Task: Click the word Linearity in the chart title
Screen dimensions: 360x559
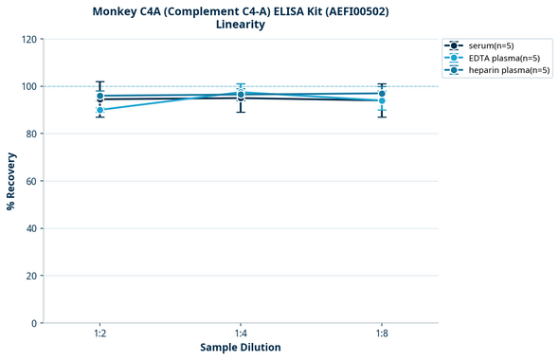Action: pyautogui.click(x=241, y=25)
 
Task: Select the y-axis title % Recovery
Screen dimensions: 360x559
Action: pyautogui.click(x=11, y=181)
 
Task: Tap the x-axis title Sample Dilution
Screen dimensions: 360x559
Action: pyautogui.click(x=241, y=348)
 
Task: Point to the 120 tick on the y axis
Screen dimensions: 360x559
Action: pyautogui.click(x=28, y=39)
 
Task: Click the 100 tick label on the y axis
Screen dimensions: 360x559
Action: pyautogui.click(x=28, y=86)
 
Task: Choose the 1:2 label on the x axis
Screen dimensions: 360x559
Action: pyautogui.click(x=100, y=333)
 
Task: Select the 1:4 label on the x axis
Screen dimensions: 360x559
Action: pyautogui.click(x=241, y=333)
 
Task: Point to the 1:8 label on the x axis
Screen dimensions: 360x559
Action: pyautogui.click(x=381, y=333)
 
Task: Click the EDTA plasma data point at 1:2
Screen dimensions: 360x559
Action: pyautogui.click(x=100, y=110)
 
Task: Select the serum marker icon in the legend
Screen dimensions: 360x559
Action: pyautogui.click(x=455, y=45)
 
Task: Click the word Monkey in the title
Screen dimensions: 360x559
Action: pyautogui.click(x=117, y=10)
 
